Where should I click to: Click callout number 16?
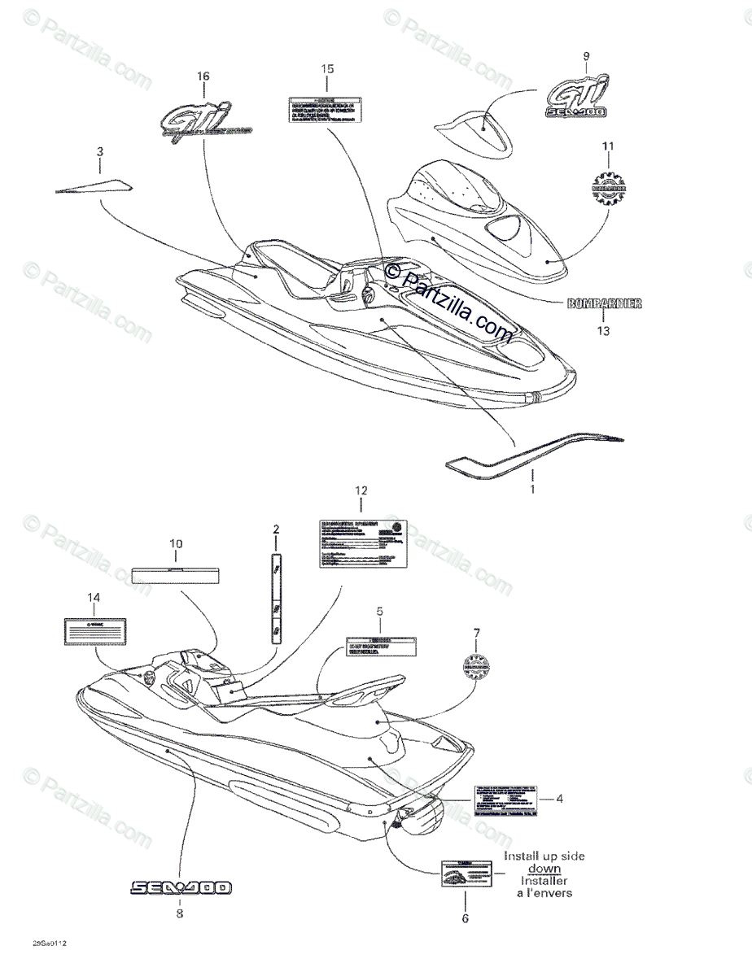pos(203,76)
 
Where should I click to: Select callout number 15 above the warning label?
pos(326,68)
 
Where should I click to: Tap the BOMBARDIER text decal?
pos(605,303)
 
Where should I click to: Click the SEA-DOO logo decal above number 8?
pos(180,887)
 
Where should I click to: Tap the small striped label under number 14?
pos(94,630)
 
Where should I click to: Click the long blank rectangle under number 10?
pos(175,573)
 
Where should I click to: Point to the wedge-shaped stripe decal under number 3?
pos(92,185)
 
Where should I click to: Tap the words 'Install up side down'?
pos(544,862)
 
